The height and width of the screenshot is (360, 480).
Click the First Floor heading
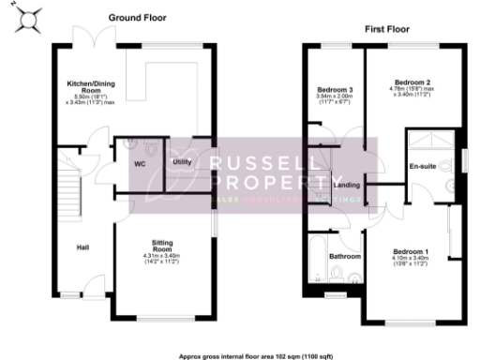click(x=387, y=29)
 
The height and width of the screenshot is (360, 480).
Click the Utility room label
click(x=183, y=161)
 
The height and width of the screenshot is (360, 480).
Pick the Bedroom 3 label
click(x=334, y=89)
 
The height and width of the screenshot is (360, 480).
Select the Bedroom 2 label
click(x=413, y=82)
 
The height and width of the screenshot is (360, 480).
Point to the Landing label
click(x=344, y=186)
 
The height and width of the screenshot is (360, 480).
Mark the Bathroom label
click(x=339, y=255)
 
